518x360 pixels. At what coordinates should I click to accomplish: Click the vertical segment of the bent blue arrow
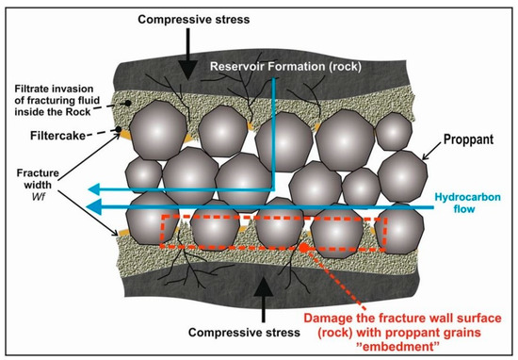pyautogui.click(x=273, y=132)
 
